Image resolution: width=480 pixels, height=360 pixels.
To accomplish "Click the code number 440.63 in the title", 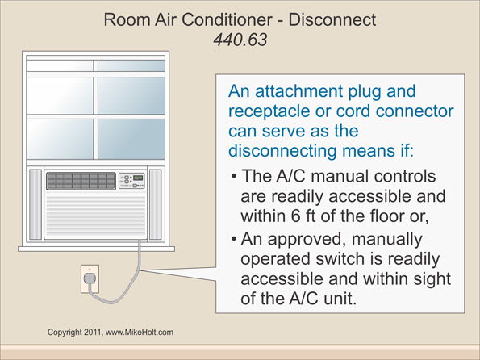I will pyautogui.click(x=240, y=38).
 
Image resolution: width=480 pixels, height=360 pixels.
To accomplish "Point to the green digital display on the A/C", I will pyautogui.click(x=138, y=178).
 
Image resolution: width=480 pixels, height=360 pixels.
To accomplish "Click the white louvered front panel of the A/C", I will pyautogui.click(x=94, y=216).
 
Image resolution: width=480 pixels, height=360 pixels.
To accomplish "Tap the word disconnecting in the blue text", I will pyautogui.click(x=287, y=149).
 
